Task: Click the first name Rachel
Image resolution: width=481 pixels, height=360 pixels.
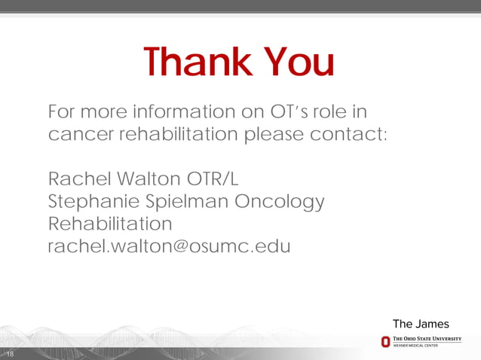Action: [79, 180]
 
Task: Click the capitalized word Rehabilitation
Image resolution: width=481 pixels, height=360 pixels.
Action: [110, 224]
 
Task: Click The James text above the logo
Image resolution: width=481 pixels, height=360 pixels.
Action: [421, 324]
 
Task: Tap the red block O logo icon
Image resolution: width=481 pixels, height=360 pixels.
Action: [385, 342]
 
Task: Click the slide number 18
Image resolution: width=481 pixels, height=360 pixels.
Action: [9, 354]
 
